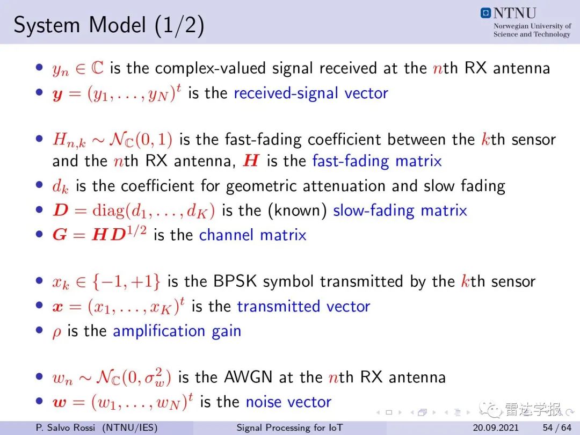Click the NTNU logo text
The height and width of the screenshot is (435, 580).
(514, 13)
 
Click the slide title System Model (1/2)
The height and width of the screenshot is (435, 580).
(108, 26)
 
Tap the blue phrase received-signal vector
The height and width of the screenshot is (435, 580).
(311, 93)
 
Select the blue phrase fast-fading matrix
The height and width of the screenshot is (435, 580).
(377, 161)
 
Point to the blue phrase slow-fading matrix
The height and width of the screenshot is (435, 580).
(400, 211)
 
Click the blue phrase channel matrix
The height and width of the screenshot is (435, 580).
(252, 235)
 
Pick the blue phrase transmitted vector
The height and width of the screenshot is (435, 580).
(303, 306)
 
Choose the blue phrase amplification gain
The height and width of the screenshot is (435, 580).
(177, 331)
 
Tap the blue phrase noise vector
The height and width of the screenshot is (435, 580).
(288, 402)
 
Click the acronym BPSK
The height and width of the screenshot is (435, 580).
(235, 281)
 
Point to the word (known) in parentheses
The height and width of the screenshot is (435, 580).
(298, 211)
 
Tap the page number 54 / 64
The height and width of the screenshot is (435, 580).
(557, 427)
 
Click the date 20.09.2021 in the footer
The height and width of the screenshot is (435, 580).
(496, 427)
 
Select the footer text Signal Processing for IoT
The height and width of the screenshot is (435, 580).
(289, 427)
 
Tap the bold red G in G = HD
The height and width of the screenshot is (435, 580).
(60, 235)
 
